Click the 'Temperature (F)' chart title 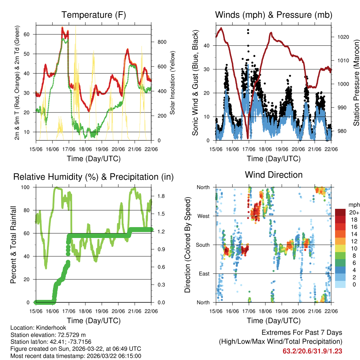coord(94,15)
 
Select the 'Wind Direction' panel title coord(274,175)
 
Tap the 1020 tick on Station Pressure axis coord(340,37)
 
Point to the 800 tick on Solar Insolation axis coord(162,42)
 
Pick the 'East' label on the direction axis coord(204,274)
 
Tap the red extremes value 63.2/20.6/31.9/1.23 coord(312,351)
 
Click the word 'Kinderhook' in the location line coord(47,327)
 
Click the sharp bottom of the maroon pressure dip coord(248,138)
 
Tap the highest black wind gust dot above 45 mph coord(248,30)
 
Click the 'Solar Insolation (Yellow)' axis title coord(173,83)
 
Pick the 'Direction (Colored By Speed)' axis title coord(187,245)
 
